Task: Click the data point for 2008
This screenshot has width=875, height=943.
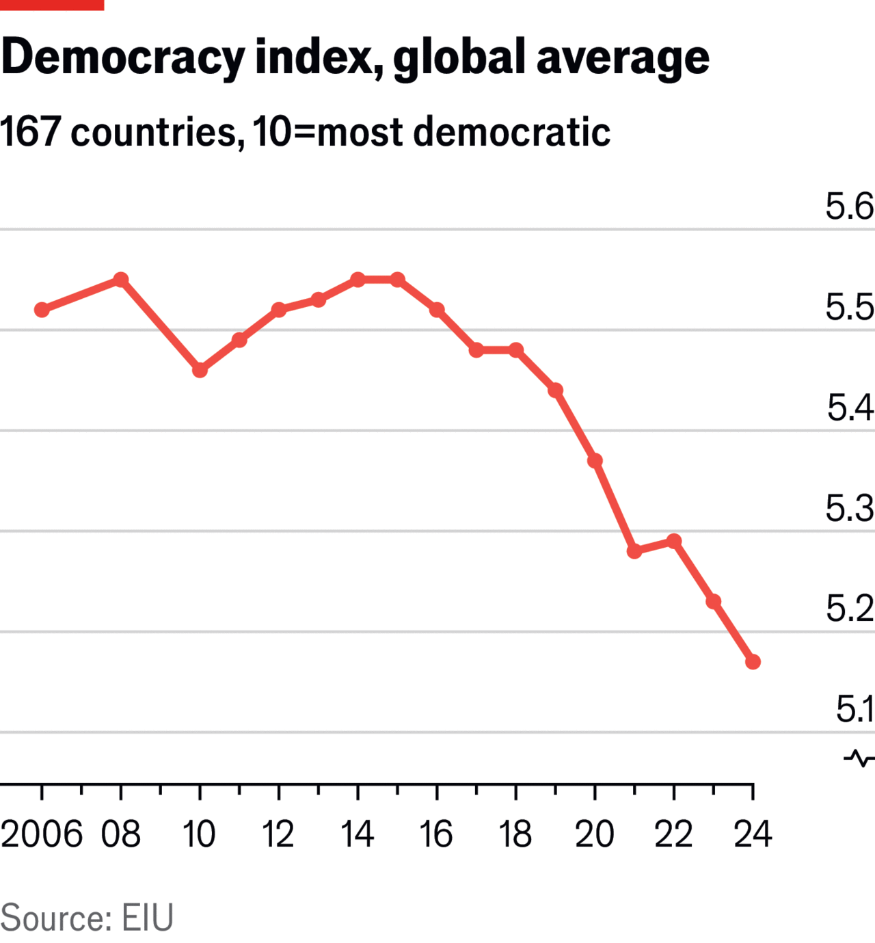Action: (121, 280)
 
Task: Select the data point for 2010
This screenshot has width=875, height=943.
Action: (200, 370)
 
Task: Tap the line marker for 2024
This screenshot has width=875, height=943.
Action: (753, 661)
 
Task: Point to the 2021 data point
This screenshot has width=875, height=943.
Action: (634, 550)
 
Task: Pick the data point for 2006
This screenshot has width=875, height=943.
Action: (42, 310)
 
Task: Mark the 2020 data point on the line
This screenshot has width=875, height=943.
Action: (595, 461)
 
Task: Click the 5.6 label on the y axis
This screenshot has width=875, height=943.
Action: (849, 207)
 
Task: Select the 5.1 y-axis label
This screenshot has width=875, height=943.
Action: (854, 709)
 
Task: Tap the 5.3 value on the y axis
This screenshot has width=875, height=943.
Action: (849, 508)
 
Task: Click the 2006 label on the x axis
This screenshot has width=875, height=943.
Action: (42, 834)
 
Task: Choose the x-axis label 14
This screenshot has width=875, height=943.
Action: (358, 834)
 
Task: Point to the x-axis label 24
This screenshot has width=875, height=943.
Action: (753, 834)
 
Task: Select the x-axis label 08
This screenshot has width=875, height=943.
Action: (121, 834)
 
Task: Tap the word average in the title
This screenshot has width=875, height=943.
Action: (623, 57)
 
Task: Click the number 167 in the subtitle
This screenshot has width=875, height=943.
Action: (31, 131)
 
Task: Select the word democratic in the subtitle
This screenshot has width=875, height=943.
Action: (512, 131)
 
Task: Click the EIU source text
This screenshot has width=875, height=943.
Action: (148, 918)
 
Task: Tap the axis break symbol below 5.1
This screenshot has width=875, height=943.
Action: (859, 758)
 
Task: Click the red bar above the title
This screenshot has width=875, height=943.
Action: (52, 5)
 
